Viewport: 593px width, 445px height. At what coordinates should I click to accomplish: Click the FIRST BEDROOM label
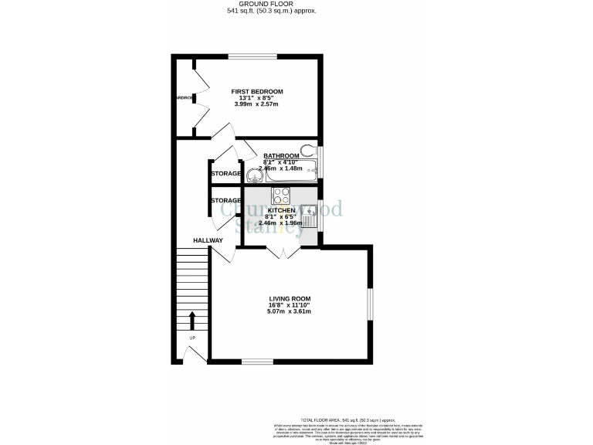click(257, 91)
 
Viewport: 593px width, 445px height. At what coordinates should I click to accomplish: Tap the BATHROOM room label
click(281, 155)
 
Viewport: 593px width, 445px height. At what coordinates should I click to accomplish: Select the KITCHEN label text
click(281, 210)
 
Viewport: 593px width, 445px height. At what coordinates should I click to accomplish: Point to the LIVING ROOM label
click(290, 298)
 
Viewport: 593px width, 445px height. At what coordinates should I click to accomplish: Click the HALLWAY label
click(208, 240)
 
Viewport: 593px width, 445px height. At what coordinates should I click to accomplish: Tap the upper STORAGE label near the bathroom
click(225, 174)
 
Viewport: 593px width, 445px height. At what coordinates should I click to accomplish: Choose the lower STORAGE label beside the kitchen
click(225, 201)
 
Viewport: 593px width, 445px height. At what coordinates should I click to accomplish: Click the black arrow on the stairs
click(192, 321)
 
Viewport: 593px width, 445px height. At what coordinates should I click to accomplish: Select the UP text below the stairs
click(192, 338)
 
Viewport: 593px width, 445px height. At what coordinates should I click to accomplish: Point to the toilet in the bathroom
click(309, 150)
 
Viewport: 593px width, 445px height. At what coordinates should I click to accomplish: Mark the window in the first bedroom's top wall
click(252, 56)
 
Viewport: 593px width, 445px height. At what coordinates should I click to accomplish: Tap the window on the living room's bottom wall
click(252, 361)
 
